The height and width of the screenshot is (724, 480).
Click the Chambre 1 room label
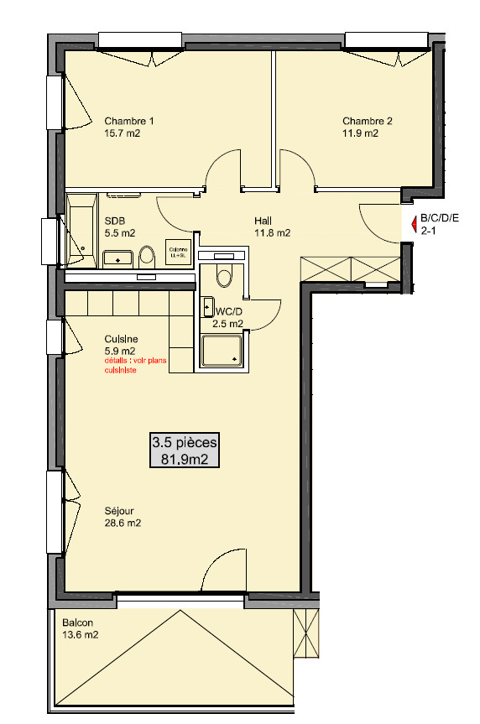tap(128, 120)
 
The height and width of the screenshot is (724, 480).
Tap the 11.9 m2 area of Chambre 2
tap(360, 133)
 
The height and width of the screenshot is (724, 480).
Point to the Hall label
tap(263, 221)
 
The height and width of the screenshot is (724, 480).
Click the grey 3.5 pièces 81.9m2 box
tap(185, 450)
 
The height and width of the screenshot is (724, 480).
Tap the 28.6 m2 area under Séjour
tap(122, 523)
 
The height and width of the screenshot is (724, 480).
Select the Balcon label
tap(77, 622)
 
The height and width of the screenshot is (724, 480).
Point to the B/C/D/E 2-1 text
tap(440, 223)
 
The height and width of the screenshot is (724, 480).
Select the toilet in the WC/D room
tap(223, 273)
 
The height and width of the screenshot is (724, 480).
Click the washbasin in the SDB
tap(118, 258)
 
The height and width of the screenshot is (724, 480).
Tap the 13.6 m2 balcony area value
tap(80, 635)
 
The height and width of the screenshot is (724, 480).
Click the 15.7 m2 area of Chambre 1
tap(122, 133)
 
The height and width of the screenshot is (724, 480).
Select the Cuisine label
tap(122, 339)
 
